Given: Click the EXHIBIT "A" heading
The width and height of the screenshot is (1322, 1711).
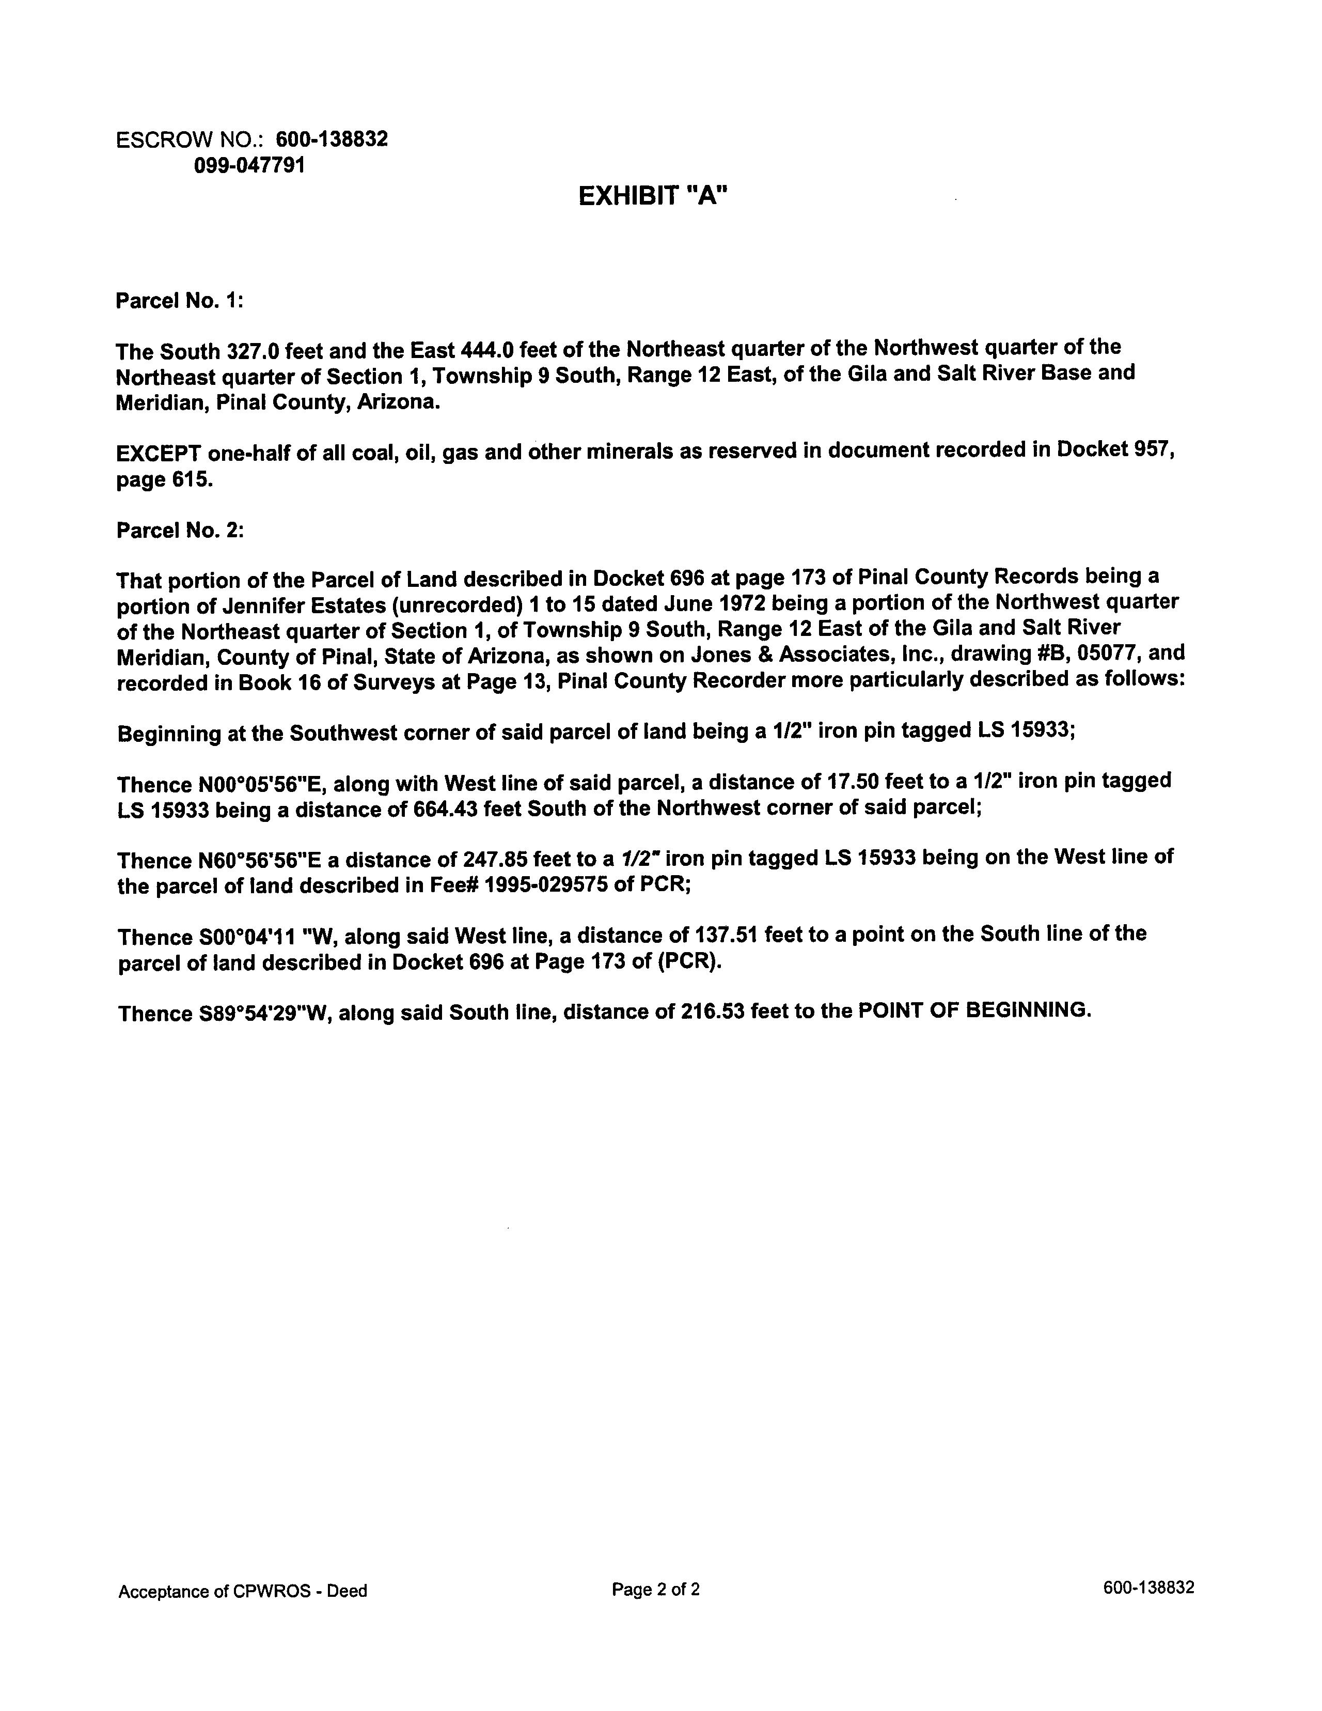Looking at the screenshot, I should click(653, 196).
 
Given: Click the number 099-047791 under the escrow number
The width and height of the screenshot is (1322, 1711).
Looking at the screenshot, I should click(249, 165).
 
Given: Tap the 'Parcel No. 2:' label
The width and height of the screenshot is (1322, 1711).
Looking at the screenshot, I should click(180, 531).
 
